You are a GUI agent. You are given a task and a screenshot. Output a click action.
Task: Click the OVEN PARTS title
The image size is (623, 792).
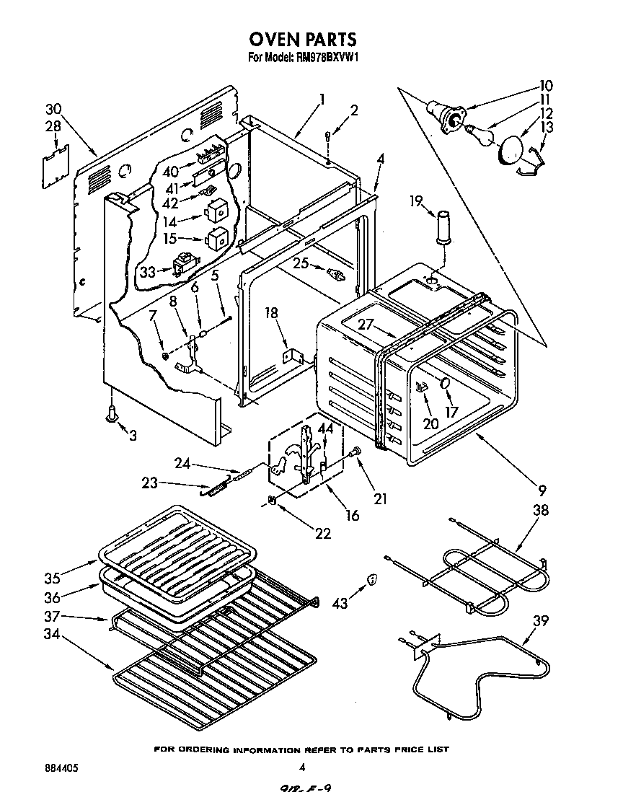click(x=302, y=38)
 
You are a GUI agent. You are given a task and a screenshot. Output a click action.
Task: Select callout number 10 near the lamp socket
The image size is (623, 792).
click(x=546, y=85)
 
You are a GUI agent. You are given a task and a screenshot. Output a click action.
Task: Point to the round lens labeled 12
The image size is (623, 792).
click(x=512, y=151)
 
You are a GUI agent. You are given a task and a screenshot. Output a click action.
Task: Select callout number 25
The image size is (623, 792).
click(x=300, y=264)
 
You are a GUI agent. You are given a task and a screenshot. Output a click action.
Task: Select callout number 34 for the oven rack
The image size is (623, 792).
click(x=50, y=636)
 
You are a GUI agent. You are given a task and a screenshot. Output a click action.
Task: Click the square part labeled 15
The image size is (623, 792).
click(x=216, y=237)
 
